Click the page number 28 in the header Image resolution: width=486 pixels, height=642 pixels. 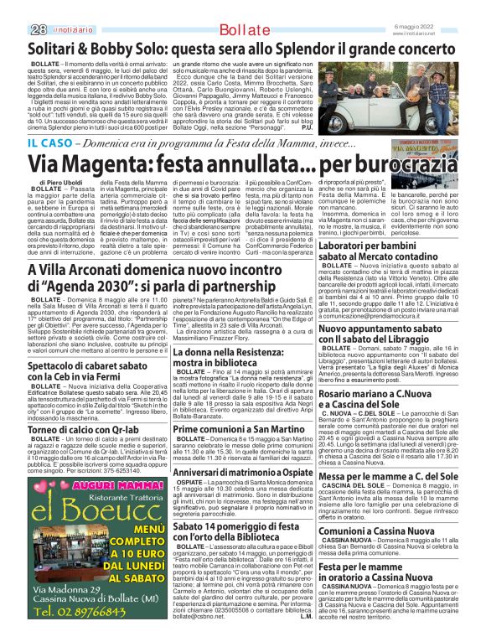[x=14, y=8]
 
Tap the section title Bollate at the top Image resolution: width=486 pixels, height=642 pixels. [x=243, y=8]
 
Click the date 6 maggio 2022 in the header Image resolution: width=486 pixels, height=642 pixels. [x=455, y=5]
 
